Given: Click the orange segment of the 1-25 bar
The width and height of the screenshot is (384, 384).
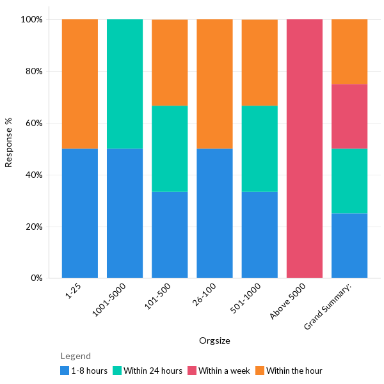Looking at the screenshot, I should click(x=80, y=84).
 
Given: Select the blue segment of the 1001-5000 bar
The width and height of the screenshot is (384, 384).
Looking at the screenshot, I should click(x=125, y=213).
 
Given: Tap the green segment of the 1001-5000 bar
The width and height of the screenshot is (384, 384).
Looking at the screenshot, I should click(x=125, y=84).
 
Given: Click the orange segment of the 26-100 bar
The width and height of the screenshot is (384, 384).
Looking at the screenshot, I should click(x=214, y=84).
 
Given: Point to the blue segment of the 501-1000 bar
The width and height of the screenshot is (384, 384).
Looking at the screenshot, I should click(x=259, y=234).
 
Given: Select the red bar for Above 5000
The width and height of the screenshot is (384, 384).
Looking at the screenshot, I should click(x=304, y=148).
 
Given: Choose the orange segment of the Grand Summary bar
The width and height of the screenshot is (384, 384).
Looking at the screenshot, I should click(x=349, y=51).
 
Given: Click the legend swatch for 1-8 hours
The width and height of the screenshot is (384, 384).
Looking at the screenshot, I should click(x=65, y=371).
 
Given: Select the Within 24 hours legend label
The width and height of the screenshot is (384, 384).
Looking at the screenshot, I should click(x=153, y=371).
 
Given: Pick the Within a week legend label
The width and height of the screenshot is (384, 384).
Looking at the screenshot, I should click(x=224, y=371).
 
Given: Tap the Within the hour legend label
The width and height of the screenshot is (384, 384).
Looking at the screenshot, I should click(x=294, y=371).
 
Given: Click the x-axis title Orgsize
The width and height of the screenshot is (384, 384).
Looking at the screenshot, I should click(x=214, y=340).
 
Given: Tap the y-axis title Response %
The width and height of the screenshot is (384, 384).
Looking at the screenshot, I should click(x=9, y=142).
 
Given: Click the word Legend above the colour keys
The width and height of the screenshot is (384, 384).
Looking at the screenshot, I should click(x=76, y=356).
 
